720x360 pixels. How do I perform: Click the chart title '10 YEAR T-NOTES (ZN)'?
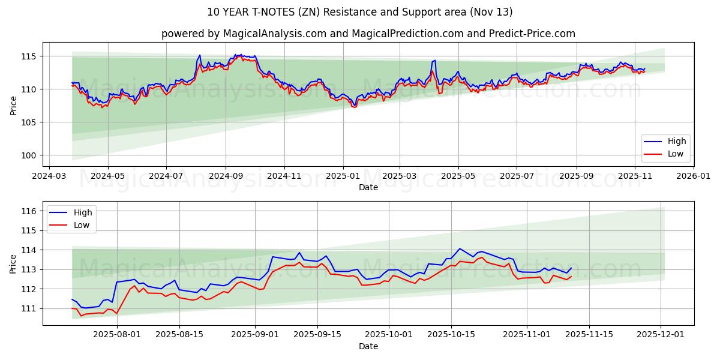pos(359,12)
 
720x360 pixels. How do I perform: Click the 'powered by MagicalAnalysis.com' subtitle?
pos(368,34)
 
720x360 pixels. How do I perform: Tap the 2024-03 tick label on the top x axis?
pos(49,176)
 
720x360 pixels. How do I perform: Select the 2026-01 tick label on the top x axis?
pos(694,176)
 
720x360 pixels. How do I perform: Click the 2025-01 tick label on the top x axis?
pos(343,176)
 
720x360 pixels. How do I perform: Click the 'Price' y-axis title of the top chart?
pos(13,105)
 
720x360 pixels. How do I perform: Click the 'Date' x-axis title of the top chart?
pos(368,187)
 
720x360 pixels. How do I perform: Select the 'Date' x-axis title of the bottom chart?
pos(368,346)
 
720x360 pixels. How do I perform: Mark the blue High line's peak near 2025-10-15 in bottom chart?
pos(460,248)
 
